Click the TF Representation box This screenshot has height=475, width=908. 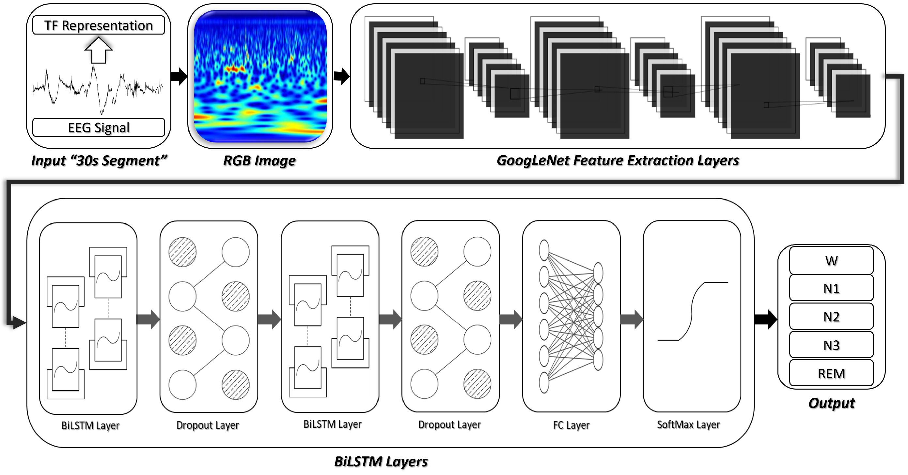click(x=98, y=25)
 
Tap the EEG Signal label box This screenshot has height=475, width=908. click(x=98, y=127)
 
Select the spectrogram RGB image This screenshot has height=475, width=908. click(x=260, y=76)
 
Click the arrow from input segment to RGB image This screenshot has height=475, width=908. click(x=179, y=76)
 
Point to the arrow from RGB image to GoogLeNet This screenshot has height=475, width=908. click(x=341, y=76)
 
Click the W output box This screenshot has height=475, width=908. click(x=831, y=260)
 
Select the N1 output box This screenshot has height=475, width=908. click(x=831, y=289)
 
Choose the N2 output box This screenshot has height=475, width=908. click(x=831, y=317)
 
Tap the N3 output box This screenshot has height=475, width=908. click(x=831, y=345)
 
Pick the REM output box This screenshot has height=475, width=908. click(x=831, y=373)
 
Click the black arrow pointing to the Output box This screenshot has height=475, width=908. click(x=766, y=319)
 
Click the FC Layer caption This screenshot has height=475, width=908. click(x=571, y=425)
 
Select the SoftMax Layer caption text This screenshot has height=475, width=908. click(x=688, y=425)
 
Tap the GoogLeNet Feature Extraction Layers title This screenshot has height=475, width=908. click(x=618, y=161)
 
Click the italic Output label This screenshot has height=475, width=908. click(x=831, y=403)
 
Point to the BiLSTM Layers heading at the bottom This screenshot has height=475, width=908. click(x=381, y=461)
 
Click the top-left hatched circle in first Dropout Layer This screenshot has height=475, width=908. click(x=182, y=252)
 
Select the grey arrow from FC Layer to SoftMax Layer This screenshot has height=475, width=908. click(x=631, y=319)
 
